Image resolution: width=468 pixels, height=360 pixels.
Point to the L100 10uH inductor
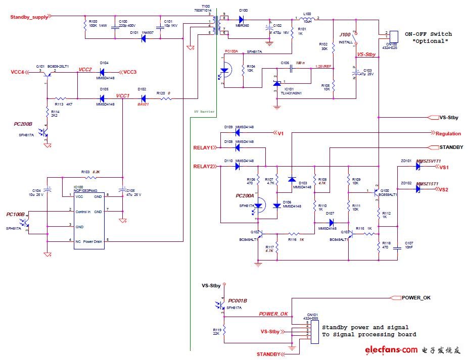tap(307, 20)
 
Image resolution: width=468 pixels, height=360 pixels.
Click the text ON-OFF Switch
tap(428, 34)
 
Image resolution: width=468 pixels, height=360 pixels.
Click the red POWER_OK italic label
tap(273, 314)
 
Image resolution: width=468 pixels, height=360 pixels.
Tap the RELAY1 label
tap(204, 148)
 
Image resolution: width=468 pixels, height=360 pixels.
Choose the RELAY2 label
tap(204, 166)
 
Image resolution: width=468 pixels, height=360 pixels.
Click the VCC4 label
tap(17, 72)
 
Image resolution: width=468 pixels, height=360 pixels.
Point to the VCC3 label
tap(130, 72)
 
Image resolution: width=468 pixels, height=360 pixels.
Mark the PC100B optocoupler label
tap(16, 215)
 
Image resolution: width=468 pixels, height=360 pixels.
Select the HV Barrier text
tap(204, 111)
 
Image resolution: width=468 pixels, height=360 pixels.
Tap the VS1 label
tap(444, 167)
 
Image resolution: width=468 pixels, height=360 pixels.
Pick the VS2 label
tap(444, 189)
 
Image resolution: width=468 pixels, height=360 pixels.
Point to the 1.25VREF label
tap(323, 67)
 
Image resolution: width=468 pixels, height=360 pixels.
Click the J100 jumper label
tap(345, 35)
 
